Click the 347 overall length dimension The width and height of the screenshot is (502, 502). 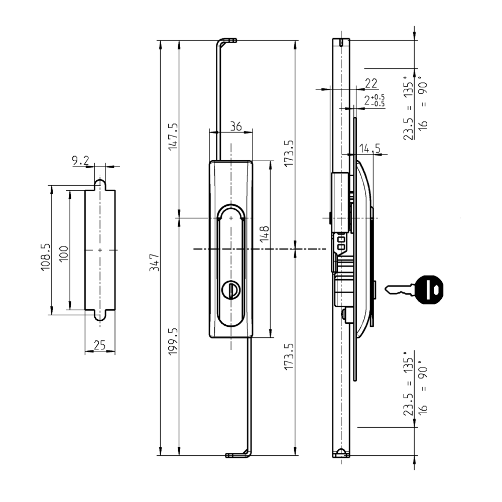(x=155, y=262)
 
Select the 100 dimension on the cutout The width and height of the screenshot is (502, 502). (x=64, y=250)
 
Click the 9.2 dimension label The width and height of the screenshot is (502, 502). (x=80, y=161)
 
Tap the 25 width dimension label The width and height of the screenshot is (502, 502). (x=99, y=345)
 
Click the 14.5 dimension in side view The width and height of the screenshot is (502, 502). (x=370, y=149)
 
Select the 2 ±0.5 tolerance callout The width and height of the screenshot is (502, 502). (x=373, y=100)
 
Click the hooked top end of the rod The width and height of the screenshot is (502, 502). (x=228, y=41)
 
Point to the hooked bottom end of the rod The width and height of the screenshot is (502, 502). (x=237, y=455)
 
